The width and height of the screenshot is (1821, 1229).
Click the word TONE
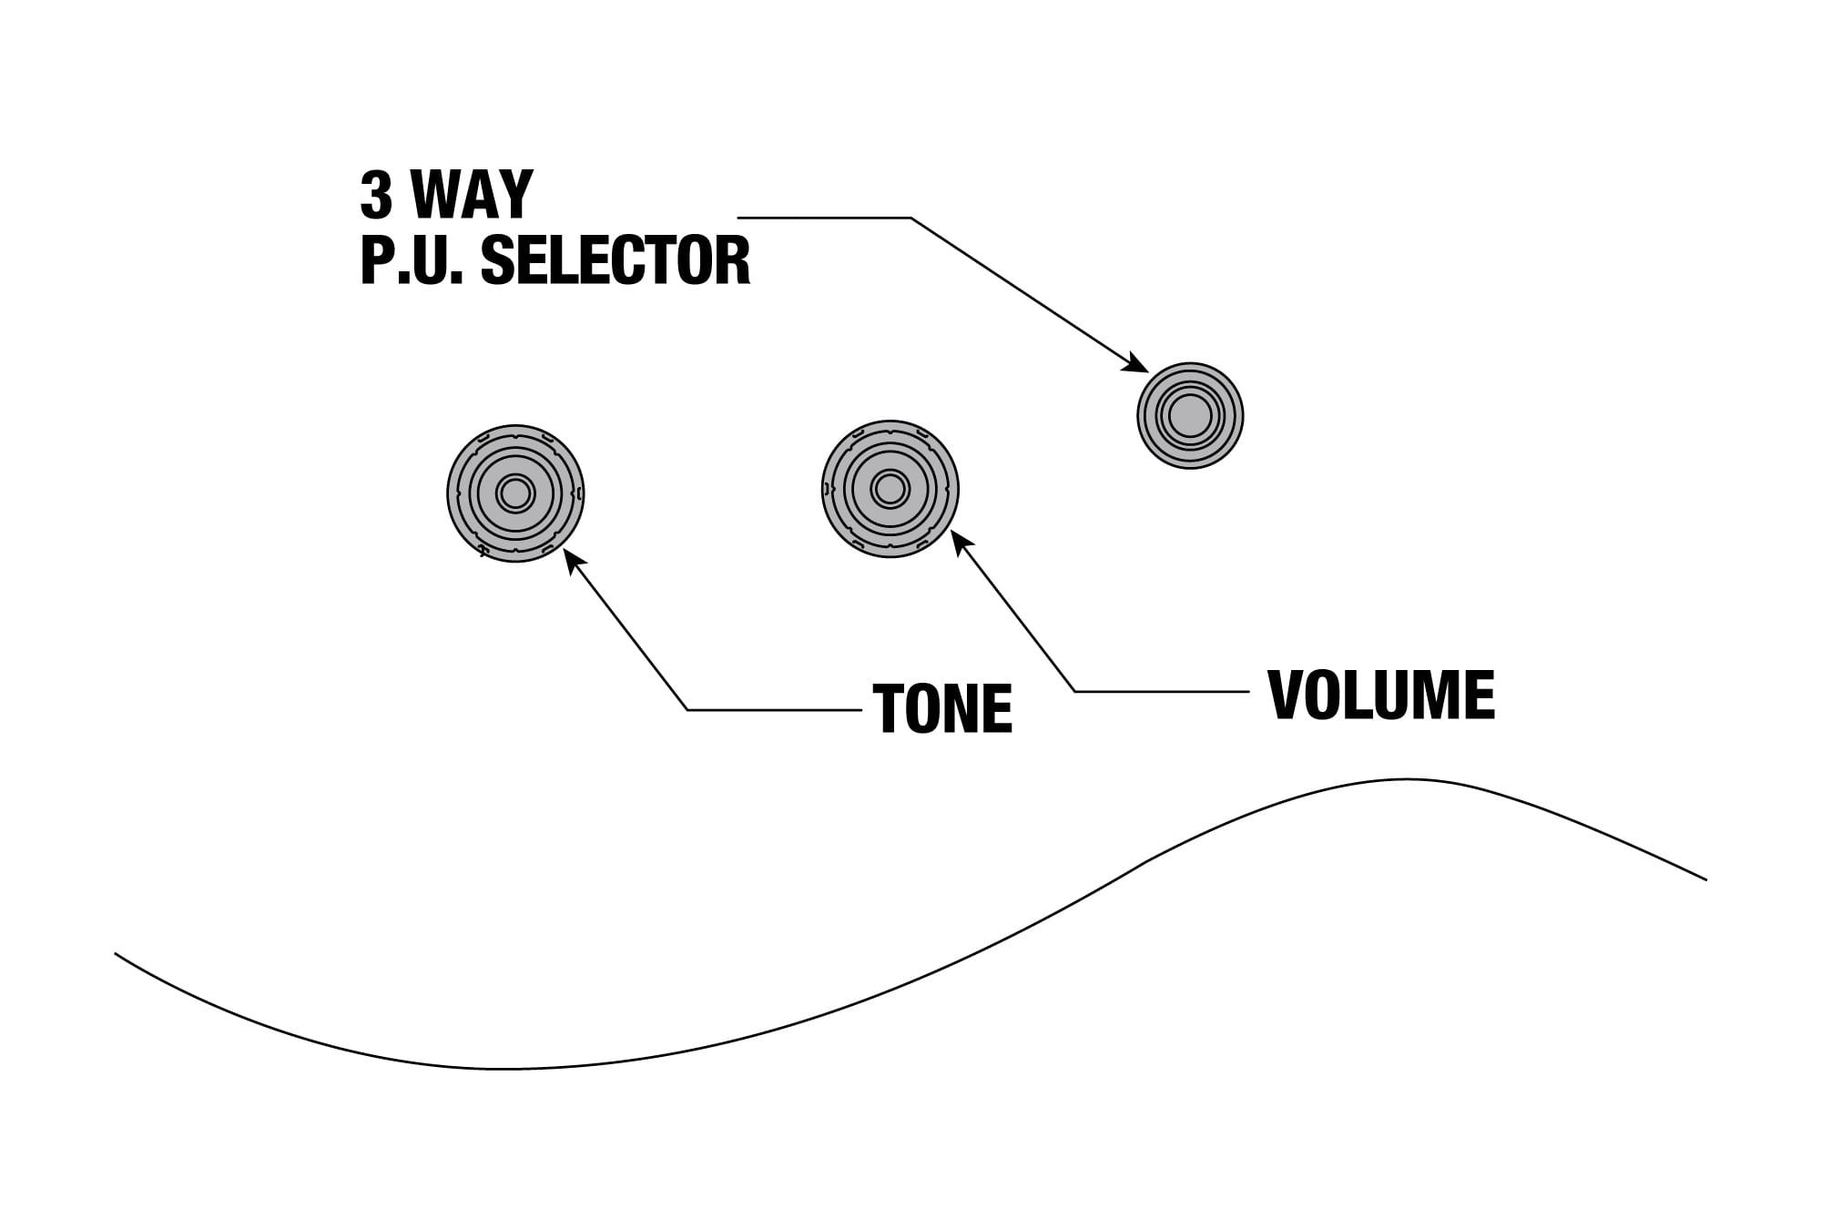(x=942, y=709)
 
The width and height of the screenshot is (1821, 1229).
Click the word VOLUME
(x=1381, y=696)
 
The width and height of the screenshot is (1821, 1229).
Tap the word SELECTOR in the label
(x=615, y=261)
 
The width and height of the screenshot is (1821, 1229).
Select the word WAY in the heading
(x=472, y=195)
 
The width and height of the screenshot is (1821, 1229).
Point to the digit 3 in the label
(x=376, y=195)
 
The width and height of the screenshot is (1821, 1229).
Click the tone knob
(x=515, y=493)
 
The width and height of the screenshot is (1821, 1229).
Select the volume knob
(x=890, y=489)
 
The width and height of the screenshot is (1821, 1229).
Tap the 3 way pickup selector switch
(x=1190, y=416)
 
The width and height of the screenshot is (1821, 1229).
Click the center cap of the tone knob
(x=515, y=493)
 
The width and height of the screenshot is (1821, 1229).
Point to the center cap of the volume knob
(x=890, y=489)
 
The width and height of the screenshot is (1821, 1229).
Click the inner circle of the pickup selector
(x=1190, y=416)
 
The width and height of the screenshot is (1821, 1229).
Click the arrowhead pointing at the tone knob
(x=571, y=557)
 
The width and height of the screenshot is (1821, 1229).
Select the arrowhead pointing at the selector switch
(x=1138, y=364)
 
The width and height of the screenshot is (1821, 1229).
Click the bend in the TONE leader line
(x=687, y=709)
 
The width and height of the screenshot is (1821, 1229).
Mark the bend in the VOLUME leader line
(x=1075, y=692)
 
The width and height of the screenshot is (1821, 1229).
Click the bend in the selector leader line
(x=910, y=218)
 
